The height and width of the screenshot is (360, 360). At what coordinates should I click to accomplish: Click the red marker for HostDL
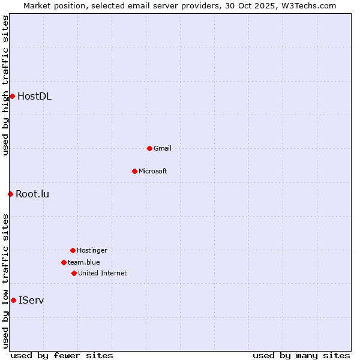(x=12, y=96)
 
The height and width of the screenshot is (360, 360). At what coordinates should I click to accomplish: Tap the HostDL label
(x=35, y=96)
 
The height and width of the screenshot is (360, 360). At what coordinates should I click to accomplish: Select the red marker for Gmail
(x=149, y=148)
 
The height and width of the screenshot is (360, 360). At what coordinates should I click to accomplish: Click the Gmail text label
(x=163, y=148)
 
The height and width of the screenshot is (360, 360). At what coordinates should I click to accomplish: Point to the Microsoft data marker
(x=134, y=171)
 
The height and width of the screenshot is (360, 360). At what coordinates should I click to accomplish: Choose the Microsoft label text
(x=153, y=171)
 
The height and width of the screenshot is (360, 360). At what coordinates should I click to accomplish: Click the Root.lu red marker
(x=10, y=194)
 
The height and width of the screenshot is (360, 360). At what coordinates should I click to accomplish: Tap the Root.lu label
(x=32, y=194)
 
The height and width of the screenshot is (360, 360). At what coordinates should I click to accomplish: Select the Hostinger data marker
(x=73, y=250)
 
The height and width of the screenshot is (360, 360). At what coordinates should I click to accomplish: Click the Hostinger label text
(x=92, y=250)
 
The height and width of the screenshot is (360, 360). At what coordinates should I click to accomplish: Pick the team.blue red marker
(x=64, y=262)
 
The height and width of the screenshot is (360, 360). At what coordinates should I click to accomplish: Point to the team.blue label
(x=84, y=262)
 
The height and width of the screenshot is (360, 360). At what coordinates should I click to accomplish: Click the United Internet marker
(x=74, y=273)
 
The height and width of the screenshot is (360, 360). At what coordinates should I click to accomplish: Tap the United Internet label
(x=103, y=273)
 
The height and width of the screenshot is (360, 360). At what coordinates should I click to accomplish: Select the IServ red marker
(x=13, y=300)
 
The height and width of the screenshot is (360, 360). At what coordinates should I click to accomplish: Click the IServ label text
(x=31, y=300)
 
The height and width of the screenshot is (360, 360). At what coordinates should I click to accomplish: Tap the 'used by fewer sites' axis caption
(x=62, y=355)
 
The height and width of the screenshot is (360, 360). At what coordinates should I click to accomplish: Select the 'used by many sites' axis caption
(x=301, y=355)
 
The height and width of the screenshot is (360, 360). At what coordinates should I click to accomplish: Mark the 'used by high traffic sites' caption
(x=5, y=85)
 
